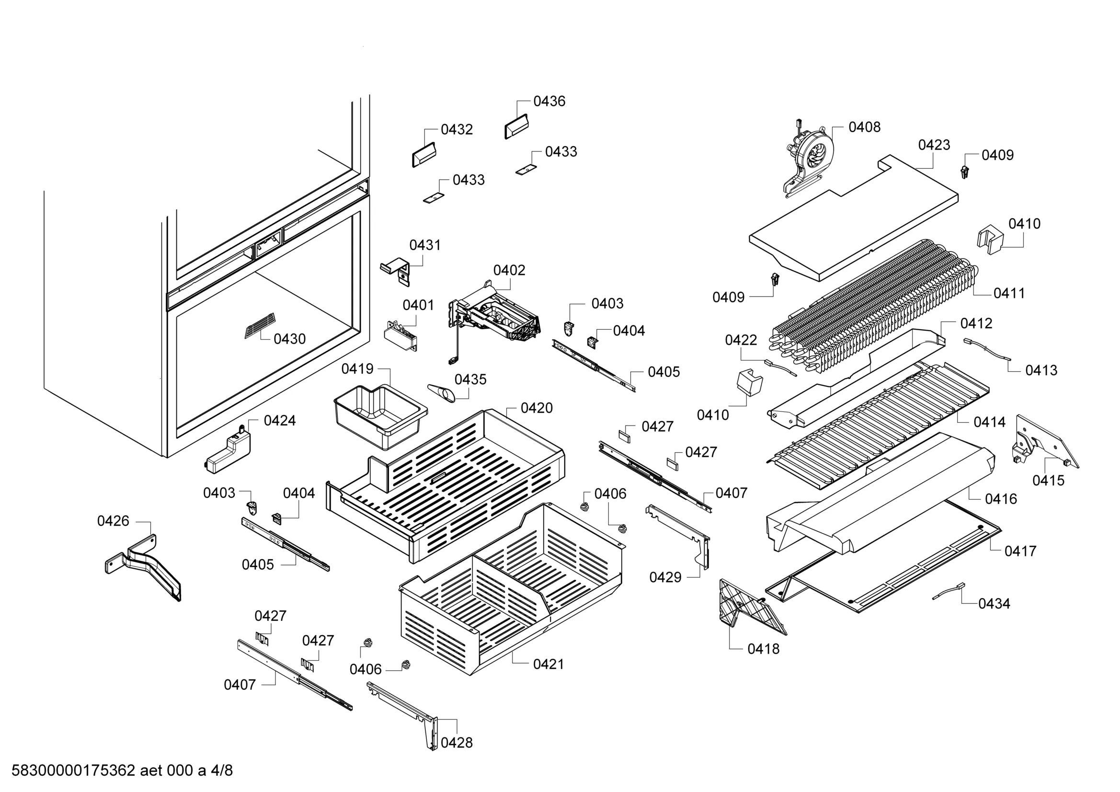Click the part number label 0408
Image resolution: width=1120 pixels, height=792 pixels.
tap(864, 127)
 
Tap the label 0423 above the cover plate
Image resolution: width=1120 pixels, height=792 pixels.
tap(934, 145)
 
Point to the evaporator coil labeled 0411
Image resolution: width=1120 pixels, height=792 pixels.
tap(873, 308)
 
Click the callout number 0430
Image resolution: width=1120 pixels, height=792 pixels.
tap(289, 339)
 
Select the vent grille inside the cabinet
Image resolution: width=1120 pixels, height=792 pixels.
tap(260, 325)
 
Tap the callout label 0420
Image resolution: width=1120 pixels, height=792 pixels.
tap(537, 408)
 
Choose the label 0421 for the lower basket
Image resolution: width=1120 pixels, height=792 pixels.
tap(549, 664)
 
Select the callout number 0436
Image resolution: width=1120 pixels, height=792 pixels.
tap(549, 101)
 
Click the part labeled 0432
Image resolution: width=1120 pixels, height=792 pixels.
tap(423, 155)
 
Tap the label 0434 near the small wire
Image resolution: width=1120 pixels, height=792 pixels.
tap(994, 604)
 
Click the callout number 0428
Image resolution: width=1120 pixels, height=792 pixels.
tap(457, 742)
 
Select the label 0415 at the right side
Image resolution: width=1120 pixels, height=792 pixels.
tap(1048, 481)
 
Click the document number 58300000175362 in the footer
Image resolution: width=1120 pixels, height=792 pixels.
tap(73, 770)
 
